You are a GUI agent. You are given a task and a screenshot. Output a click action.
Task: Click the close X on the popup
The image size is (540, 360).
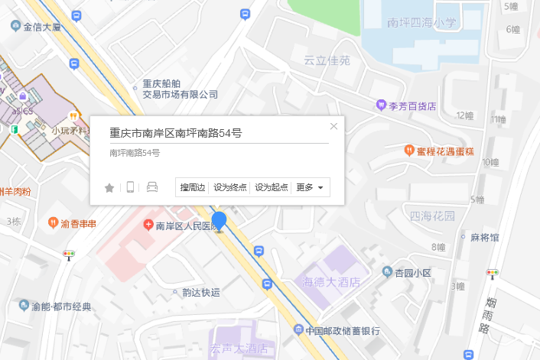pos(333,126)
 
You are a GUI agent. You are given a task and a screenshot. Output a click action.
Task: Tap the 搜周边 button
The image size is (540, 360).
pos(193,187)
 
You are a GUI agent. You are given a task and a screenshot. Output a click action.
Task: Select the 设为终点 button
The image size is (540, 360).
pos(230,187)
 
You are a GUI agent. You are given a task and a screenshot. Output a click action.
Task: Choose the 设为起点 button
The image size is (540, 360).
pos(272,187)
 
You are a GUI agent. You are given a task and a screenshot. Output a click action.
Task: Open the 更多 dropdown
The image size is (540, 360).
pos(311,187)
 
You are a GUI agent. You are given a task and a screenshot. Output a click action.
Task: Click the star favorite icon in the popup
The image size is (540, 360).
pos(109,187)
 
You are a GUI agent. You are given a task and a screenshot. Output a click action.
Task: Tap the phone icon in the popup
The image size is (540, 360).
pos(130,187)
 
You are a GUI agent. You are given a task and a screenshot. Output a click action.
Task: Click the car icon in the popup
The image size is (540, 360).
pos(151,187)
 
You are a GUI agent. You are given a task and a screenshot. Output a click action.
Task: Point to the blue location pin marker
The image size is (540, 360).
pos(220,222)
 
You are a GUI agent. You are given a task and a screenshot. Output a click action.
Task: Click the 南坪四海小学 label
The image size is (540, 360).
pos(421,23)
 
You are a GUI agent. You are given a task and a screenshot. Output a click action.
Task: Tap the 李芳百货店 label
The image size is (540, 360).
pos(412,105)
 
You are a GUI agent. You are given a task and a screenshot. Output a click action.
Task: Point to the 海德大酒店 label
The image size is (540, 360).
pos(331,282)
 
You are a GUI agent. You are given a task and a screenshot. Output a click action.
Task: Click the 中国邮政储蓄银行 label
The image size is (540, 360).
pos(342,331)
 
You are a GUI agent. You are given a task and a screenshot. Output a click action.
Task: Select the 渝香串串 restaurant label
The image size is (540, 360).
pos(79,223)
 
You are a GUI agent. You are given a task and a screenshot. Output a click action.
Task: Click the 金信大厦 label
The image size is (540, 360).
pos(41,27)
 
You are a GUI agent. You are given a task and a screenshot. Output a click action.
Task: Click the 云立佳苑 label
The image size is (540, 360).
pos(327,60)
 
